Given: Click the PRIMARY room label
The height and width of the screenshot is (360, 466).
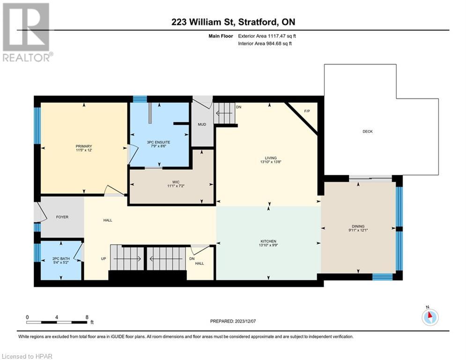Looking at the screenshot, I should pyautogui.click(x=84, y=146).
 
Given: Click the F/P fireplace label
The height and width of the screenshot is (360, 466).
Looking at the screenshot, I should pyautogui.click(x=307, y=111).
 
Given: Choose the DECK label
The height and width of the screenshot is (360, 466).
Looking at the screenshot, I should pyautogui.click(x=367, y=131).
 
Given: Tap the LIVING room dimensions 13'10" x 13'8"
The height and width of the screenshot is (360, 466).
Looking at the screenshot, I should pyautogui.click(x=270, y=162).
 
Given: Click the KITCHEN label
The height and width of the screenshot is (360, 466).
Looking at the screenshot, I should pyautogui.click(x=268, y=240).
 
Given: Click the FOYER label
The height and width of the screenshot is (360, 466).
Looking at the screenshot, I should pyautogui.click(x=63, y=217).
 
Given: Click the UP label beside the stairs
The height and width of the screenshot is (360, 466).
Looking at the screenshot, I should pyautogui.click(x=103, y=258).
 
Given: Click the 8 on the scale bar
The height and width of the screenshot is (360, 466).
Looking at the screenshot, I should pyautogui.click(x=87, y=317).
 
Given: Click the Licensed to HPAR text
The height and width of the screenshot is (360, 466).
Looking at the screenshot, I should pyautogui.click(x=27, y=356).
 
